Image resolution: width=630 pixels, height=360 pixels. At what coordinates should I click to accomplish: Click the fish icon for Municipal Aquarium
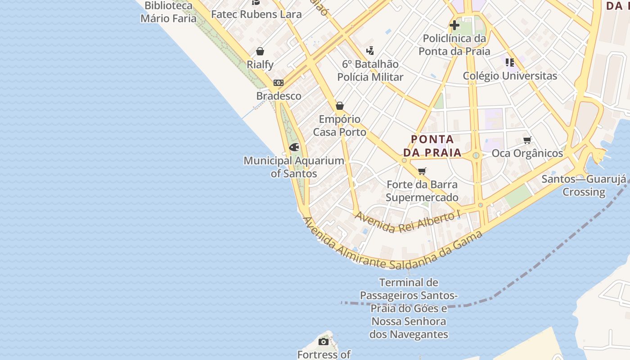(x=294, y=147)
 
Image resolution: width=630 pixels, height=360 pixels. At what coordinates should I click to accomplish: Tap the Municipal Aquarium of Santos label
(x=294, y=167)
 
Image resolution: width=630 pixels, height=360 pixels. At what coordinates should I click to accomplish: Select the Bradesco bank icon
(x=279, y=83)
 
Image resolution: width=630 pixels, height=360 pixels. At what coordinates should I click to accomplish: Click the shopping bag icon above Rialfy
(x=260, y=51)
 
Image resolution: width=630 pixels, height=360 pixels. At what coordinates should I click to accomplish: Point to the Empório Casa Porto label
(x=340, y=126)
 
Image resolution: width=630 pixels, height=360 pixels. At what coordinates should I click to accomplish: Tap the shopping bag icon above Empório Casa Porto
(x=340, y=106)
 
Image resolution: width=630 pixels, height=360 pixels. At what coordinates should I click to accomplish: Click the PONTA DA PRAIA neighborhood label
(x=432, y=146)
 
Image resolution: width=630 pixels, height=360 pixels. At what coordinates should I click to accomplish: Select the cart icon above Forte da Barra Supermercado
(x=422, y=171)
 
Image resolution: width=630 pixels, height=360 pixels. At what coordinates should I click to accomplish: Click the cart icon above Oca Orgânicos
(x=527, y=140)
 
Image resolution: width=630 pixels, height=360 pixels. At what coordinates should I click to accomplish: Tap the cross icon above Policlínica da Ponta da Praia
(x=454, y=25)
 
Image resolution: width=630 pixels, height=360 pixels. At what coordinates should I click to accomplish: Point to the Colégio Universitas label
(x=510, y=76)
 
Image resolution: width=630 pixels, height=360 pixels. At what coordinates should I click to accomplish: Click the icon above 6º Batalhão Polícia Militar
(x=370, y=50)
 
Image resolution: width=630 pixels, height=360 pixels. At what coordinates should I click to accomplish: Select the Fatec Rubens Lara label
(x=256, y=14)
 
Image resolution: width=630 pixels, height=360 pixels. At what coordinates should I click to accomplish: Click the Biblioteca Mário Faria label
(x=169, y=12)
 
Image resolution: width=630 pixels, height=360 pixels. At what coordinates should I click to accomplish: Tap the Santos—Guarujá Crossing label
(x=584, y=185)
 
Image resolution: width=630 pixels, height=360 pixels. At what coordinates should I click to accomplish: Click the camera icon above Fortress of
(x=323, y=342)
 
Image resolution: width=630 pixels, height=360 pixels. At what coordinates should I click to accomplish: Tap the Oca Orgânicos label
(x=527, y=153)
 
